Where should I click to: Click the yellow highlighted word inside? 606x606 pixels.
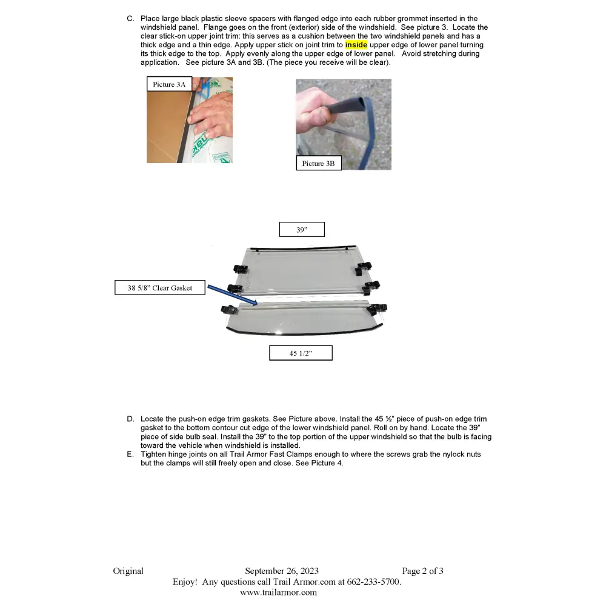click(x=356, y=45)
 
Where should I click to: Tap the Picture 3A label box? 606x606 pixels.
click(x=169, y=84)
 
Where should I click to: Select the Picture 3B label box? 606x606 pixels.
click(x=319, y=163)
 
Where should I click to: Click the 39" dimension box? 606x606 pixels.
click(x=302, y=230)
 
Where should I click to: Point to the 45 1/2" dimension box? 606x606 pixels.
click(x=301, y=353)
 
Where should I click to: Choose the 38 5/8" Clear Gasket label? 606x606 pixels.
click(x=160, y=287)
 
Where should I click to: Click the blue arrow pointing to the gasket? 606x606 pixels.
click(x=232, y=295)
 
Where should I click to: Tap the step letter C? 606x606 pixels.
click(x=131, y=19)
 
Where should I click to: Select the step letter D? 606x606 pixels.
click(x=131, y=419)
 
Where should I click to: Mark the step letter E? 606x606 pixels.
click(x=130, y=454)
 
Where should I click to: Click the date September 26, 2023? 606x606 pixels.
click(x=282, y=571)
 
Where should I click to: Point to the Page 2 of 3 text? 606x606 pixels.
click(x=422, y=571)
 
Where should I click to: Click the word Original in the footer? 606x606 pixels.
click(x=128, y=571)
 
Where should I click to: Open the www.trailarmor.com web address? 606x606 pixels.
click(x=278, y=593)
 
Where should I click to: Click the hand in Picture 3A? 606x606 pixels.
click(x=211, y=116)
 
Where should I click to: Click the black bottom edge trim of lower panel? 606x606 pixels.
click(x=304, y=332)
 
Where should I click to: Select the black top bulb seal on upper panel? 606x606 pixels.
click(x=303, y=248)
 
